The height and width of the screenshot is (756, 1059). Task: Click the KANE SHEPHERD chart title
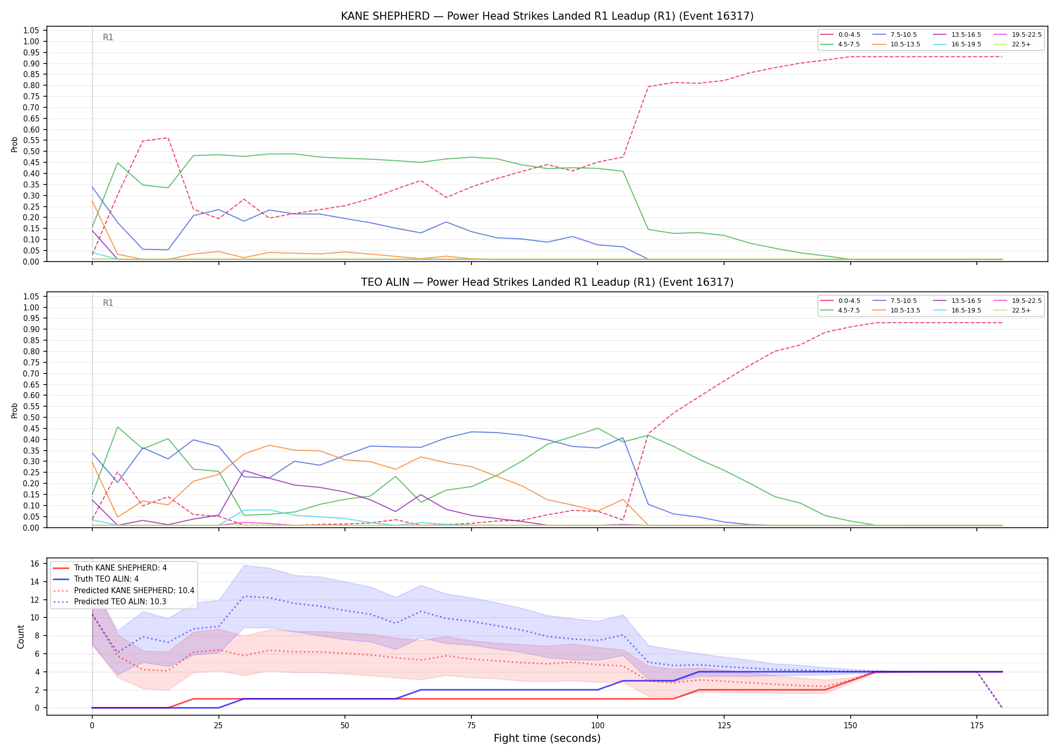[547, 16]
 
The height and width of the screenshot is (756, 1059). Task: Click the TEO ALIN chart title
[547, 282]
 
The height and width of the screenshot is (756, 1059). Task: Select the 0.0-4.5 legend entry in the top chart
[840, 35]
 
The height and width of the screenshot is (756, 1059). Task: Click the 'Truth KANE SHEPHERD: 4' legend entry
[110, 568]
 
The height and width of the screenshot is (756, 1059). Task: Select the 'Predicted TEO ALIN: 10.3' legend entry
[109, 602]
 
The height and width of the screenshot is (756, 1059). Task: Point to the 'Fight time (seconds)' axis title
[547, 738]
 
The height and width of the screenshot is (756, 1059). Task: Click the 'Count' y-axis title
[21, 637]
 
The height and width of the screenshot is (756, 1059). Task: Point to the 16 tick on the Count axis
[34, 563]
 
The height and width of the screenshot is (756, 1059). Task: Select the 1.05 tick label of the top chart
[31, 31]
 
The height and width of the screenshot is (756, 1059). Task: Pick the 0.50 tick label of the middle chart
[31, 417]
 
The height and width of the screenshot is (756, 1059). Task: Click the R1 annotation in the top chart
[108, 37]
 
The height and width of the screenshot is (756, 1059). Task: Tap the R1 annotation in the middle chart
[108, 303]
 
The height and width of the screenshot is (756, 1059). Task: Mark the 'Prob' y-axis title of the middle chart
[15, 410]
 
